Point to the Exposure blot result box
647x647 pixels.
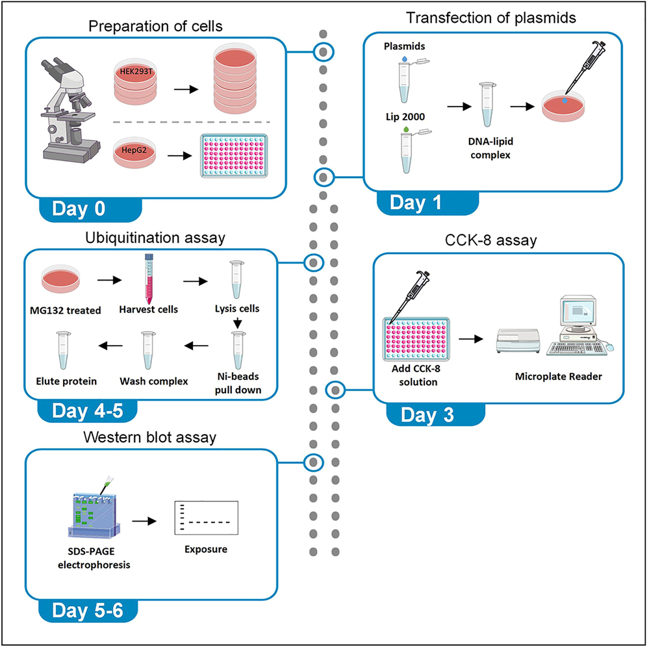tap(207, 518)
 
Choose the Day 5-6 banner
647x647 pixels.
tap(87, 611)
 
